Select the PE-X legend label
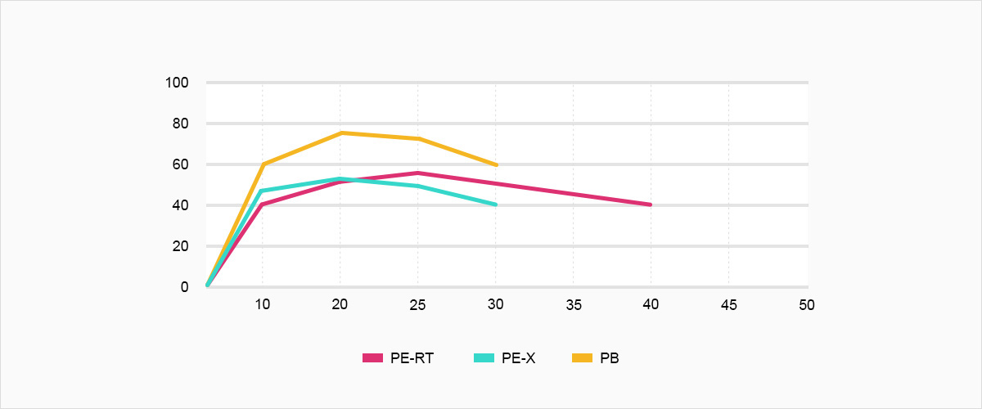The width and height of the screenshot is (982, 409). coord(519,358)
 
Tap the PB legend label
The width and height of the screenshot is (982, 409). coord(610,358)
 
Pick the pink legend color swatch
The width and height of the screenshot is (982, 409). coord(373,358)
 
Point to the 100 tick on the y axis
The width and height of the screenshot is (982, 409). coord(178,83)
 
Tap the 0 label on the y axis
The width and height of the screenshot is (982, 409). coord(185,287)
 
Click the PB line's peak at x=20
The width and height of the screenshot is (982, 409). coord(340,133)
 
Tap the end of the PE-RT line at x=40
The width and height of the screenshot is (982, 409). coord(651,204)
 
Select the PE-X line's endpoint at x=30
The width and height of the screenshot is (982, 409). coord(495,204)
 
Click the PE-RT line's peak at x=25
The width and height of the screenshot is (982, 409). coord(417,173)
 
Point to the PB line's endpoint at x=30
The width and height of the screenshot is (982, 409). coord(495,164)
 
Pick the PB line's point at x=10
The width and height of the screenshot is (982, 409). coord(262,164)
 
